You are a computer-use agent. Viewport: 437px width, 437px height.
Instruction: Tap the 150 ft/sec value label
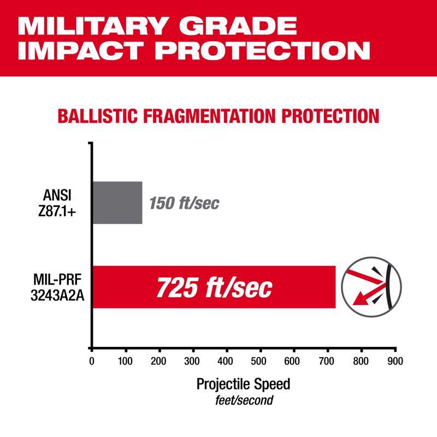point(184,204)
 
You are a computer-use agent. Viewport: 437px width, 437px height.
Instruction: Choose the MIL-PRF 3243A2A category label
point(58,287)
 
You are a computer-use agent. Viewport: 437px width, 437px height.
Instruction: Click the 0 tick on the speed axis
point(92,361)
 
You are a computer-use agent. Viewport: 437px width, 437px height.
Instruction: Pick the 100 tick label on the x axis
point(126,361)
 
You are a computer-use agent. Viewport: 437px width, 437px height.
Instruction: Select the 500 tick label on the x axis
point(260,361)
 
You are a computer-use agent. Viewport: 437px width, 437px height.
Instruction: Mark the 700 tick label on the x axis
point(327,361)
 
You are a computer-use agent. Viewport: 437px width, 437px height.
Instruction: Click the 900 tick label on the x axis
point(394,361)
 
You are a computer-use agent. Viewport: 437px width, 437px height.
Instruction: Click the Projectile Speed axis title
point(243,383)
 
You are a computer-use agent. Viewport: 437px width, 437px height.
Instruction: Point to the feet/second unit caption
point(243,400)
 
